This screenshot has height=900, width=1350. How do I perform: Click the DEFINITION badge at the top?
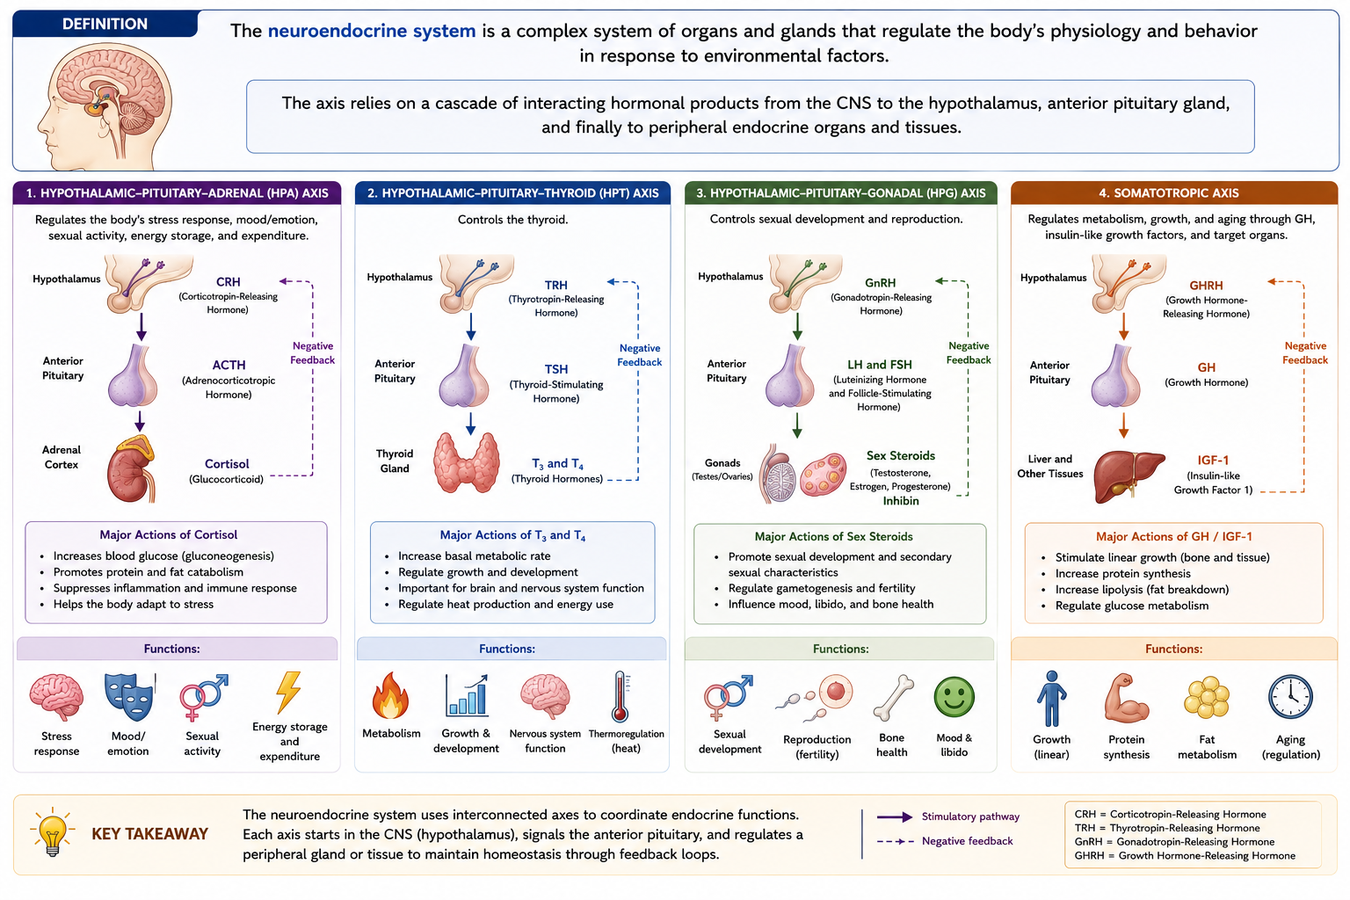coord(105,24)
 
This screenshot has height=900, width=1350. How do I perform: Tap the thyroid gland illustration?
coord(467,462)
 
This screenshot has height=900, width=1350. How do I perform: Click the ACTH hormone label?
coord(229,365)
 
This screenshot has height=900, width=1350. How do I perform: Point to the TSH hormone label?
coord(556,369)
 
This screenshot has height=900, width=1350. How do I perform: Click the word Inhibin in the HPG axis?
coord(901,501)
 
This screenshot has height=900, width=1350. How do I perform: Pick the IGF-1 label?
coord(1213,460)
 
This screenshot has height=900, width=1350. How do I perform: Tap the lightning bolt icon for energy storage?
coord(288,693)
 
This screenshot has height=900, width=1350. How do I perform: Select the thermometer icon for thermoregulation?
coord(621,697)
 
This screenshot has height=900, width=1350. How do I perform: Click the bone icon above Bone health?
coord(893,698)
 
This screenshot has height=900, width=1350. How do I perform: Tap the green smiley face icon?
coord(954,697)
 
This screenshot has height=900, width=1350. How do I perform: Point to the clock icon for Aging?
coord(1290,697)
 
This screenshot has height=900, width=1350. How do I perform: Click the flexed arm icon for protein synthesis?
coord(1126,698)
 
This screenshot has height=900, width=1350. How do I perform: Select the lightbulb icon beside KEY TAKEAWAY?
coord(53,831)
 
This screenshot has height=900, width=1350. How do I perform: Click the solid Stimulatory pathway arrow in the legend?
coord(895,817)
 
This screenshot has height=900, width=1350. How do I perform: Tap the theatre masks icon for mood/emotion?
coord(130,697)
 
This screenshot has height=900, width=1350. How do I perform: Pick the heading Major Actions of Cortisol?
coord(168,534)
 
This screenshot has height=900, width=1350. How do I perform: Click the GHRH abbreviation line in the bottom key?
coord(1185,855)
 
